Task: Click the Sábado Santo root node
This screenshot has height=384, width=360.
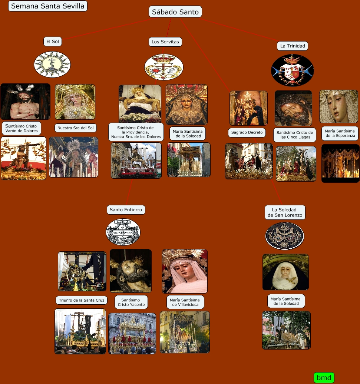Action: [175, 12]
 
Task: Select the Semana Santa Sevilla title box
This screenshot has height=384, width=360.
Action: [48, 6]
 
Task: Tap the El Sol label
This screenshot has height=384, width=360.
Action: [52, 42]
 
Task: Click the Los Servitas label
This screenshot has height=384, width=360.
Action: [165, 42]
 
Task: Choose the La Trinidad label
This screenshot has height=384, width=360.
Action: [293, 46]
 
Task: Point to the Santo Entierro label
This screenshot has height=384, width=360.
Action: [126, 210]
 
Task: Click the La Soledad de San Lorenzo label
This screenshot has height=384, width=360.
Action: [285, 212]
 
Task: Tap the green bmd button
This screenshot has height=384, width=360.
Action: [324, 378]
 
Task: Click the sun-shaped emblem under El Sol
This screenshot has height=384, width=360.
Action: [52, 64]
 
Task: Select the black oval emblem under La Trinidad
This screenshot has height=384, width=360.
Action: [293, 70]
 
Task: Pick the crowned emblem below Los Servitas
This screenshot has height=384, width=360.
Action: [164, 67]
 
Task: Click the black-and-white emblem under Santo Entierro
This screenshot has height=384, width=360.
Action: [123, 232]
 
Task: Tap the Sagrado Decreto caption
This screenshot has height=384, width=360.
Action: [247, 132]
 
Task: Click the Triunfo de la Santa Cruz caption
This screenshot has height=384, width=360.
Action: [82, 300]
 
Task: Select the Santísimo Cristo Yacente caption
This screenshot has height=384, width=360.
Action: [131, 302]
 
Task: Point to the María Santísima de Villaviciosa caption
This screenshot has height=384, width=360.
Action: [185, 302]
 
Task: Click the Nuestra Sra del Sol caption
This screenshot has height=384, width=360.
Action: [75, 128]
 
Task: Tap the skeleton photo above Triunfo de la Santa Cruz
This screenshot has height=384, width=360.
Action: [82, 271]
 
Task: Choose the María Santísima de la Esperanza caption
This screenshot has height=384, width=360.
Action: [340, 133]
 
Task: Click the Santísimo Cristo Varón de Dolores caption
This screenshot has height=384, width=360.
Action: [21, 128]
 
